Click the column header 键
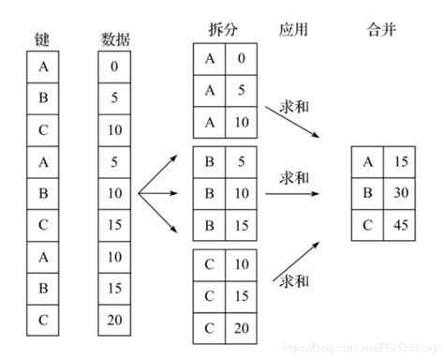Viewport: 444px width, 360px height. pyautogui.click(x=44, y=38)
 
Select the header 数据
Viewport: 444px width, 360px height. pyautogui.click(x=113, y=38)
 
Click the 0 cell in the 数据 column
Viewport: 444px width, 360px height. pyautogui.click(x=114, y=67)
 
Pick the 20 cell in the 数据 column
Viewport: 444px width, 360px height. pyautogui.click(x=114, y=319)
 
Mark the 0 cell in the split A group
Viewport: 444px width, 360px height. pyautogui.click(x=241, y=60)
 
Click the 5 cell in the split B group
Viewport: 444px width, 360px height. pyautogui.click(x=241, y=161)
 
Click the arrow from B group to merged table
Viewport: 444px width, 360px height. pyautogui.click(x=300, y=194)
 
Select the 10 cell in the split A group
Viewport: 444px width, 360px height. pyautogui.click(x=241, y=121)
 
